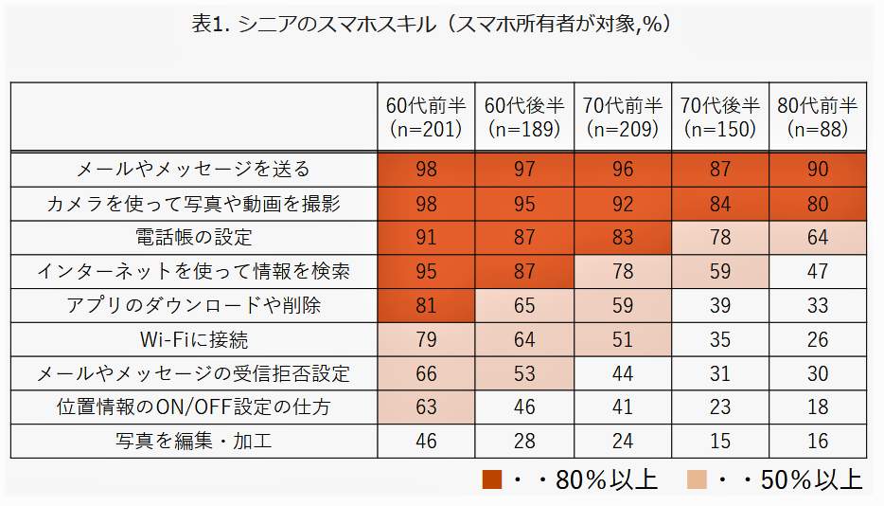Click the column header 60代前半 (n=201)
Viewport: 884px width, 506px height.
(426, 117)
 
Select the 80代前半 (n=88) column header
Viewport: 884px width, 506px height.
(817, 117)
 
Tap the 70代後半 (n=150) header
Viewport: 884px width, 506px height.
(719, 117)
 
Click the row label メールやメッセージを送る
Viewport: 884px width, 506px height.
(193, 170)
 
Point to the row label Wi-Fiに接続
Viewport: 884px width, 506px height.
(193, 339)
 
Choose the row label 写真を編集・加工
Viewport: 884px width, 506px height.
(193, 441)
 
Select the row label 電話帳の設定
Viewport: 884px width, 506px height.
(193, 238)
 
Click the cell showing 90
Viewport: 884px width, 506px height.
(818, 170)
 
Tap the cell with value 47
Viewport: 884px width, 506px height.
(818, 272)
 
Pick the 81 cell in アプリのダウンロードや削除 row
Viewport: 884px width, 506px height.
(426, 305)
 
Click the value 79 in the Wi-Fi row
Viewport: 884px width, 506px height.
(426, 339)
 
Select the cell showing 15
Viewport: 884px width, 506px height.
(719, 441)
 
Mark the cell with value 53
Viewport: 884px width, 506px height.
(523, 373)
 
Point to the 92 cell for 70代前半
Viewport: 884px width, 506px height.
(622, 204)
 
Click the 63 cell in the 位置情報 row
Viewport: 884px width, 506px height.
(426, 407)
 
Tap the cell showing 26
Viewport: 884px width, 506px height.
(818, 339)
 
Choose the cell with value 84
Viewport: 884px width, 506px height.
(719, 204)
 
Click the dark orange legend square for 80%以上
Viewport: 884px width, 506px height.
(491, 479)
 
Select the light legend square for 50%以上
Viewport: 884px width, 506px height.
(697, 479)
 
